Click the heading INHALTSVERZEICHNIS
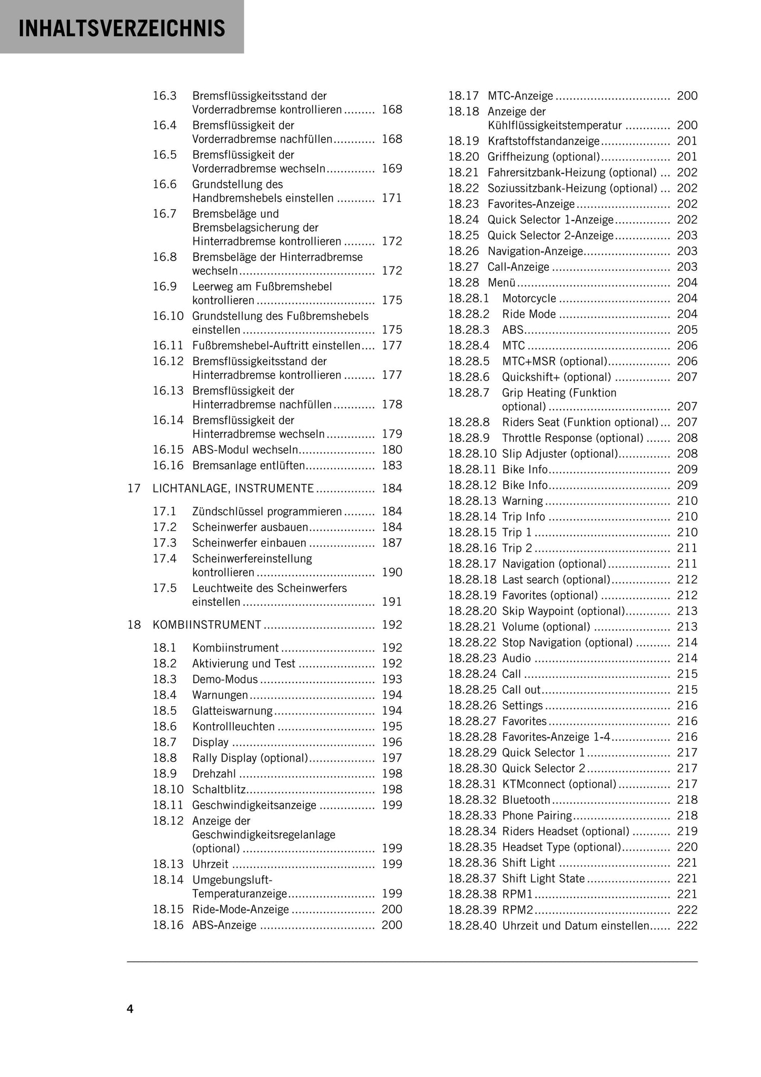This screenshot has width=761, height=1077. coord(122,28)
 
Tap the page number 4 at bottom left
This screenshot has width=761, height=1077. coord(130,1009)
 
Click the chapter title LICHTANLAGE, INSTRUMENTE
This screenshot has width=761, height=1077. coord(233,488)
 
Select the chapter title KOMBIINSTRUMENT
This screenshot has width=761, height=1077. coord(207,625)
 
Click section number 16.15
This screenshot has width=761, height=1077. coord(168,450)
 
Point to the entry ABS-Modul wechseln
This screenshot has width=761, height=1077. coord(245,450)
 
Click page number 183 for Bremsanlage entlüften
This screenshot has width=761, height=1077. coord(392,466)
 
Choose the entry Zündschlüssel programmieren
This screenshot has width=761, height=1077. coord(267,511)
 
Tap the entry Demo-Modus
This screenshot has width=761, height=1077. coord(225,679)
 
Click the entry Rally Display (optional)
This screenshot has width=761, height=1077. coord(250,758)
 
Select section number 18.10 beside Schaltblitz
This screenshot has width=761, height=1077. coord(168,789)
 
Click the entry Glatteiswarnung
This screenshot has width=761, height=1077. coord(232,710)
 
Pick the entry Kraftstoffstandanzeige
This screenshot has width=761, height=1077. coord(543,141)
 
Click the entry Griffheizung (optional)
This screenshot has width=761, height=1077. coord(543,157)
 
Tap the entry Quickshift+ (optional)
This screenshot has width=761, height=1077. coord(556,377)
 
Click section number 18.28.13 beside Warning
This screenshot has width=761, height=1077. coord(472,501)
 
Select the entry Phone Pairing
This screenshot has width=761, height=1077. coord(537,816)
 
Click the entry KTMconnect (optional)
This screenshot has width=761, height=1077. coord(559,784)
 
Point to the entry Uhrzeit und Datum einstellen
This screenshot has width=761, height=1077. coord(576,926)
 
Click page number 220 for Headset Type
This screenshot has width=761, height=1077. coord(687,847)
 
